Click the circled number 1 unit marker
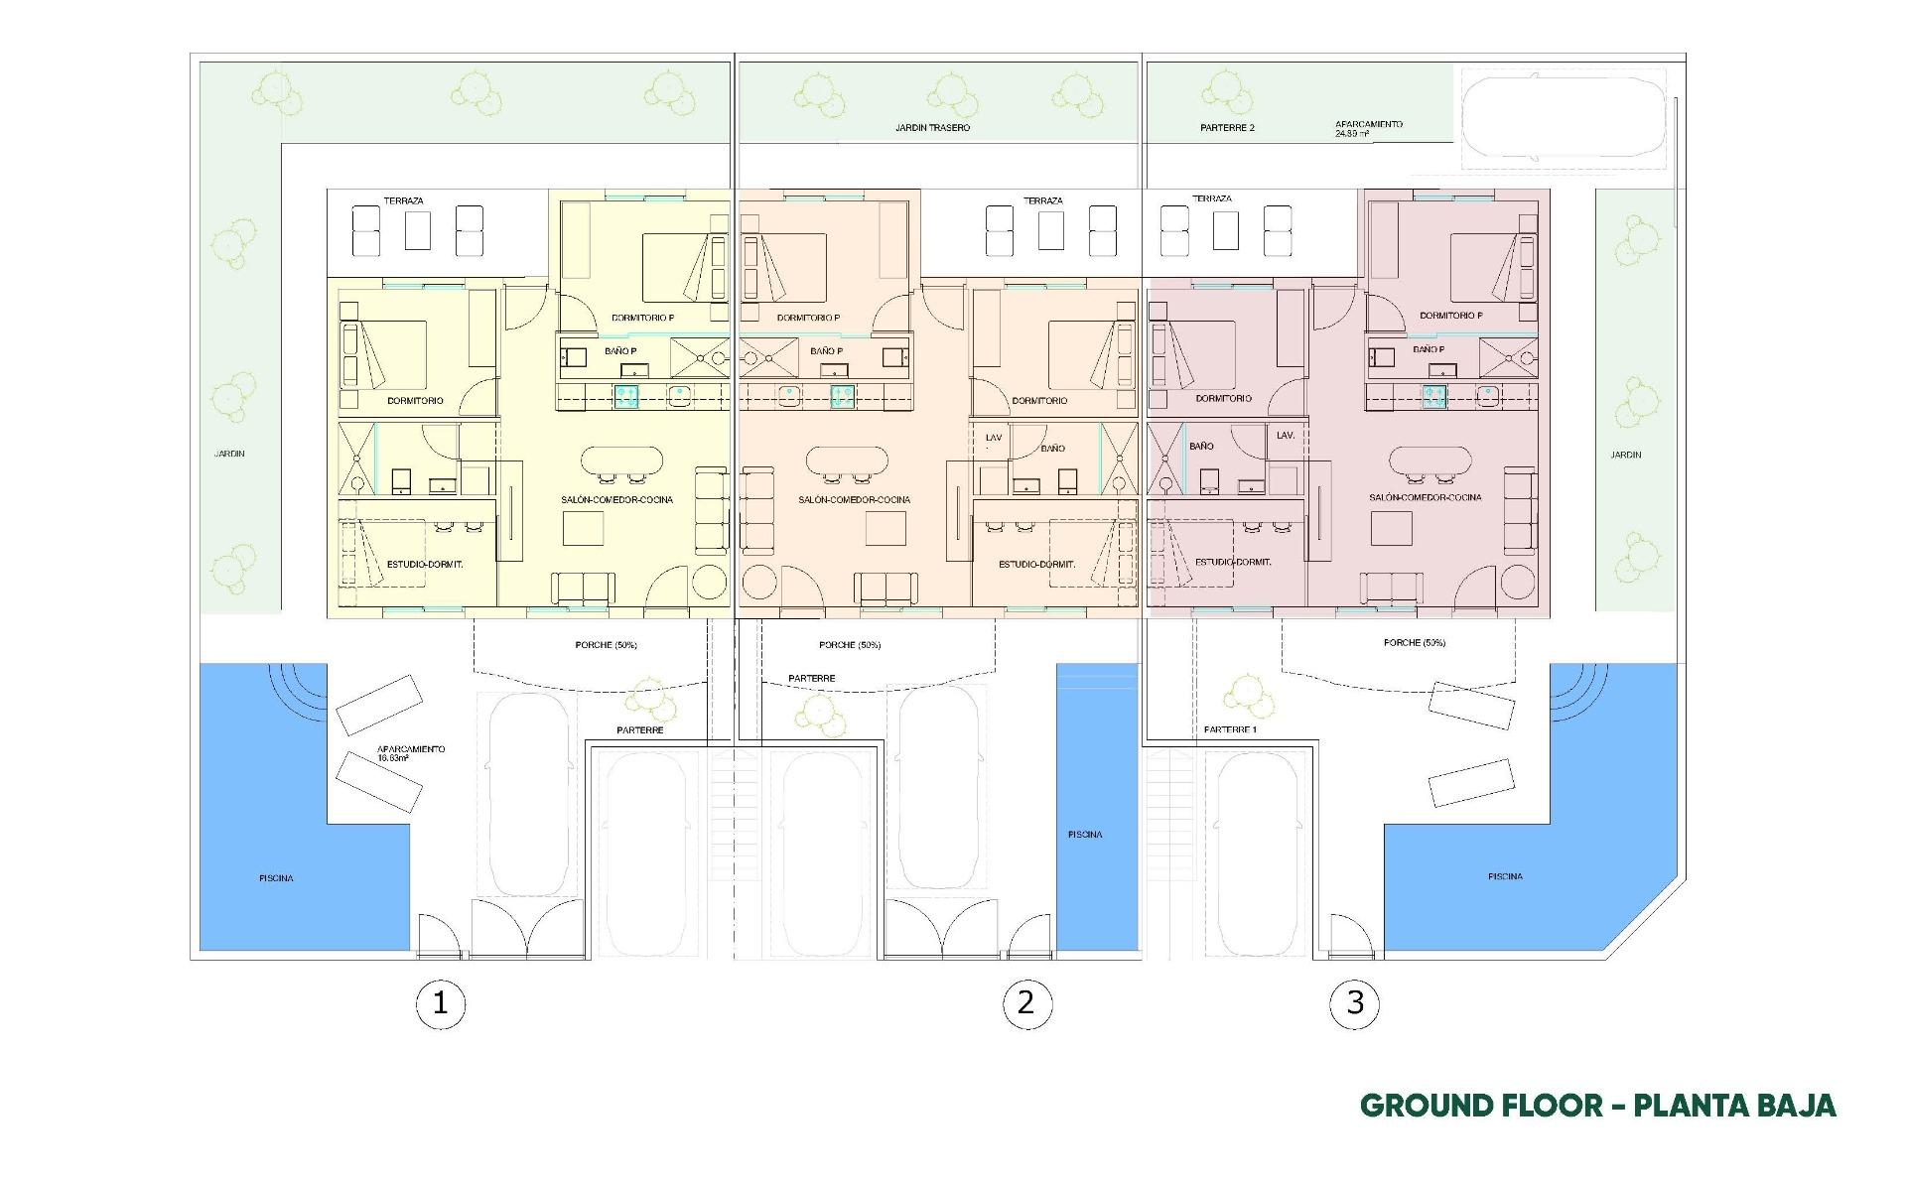click(440, 1004)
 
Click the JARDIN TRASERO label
click(932, 128)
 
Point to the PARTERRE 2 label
click(1227, 128)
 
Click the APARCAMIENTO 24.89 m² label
click(1368, 129)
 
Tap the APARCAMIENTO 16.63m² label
click(411, 753)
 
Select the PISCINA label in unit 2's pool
click(1084, 835)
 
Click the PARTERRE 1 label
click(1230, 729)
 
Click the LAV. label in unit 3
click(1286, 436)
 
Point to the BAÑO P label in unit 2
click(826, 351)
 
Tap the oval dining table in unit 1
click(621, 461)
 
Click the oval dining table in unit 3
click(1430, 460)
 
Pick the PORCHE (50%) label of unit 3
click(1414, 643)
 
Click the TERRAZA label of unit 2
click(1042, 200)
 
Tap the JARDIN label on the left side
click(229, 454)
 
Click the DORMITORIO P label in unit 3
click(1450, 316)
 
